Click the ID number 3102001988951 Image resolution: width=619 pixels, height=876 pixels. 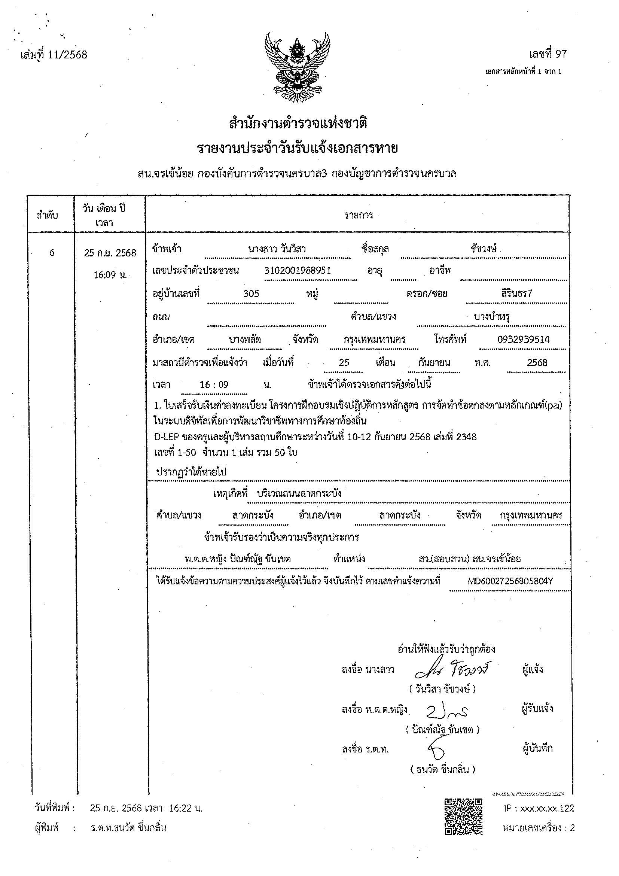click(x=298, y=271)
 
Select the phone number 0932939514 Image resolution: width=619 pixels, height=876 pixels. click(x=524, y=339)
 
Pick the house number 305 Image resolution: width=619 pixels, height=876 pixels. click(x=251, y=293)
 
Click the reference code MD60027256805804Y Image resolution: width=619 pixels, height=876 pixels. click(x=510, y=581)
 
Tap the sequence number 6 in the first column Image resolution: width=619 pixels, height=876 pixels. click(x=52, y=252)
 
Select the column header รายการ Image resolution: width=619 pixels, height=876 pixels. click(x=358, y=215)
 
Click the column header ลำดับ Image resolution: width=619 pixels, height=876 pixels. click(x=47, y=216)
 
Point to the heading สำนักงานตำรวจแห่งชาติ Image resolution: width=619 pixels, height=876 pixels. click(x=298, y=123)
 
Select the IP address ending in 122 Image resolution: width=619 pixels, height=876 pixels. click(x=539, y=808)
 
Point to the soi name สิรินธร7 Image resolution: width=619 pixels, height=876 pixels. click(x=516, y=293)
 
